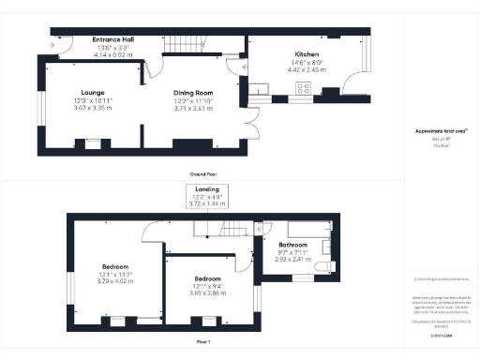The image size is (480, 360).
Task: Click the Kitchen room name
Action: pos(308,54)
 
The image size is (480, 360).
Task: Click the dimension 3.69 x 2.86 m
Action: pos(207,293)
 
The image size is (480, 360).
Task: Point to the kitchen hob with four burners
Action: pos(305,88)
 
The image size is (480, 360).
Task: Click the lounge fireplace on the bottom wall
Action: pos(91,143)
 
